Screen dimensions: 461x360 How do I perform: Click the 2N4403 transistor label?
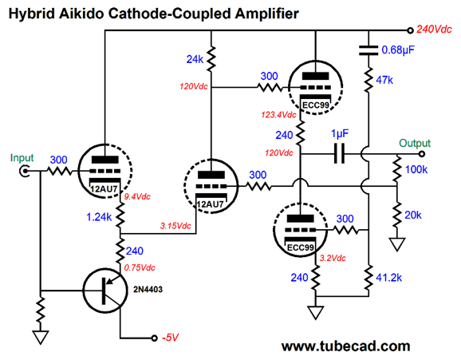coord(148,289)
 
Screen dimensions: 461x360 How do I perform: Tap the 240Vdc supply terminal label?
coord(434,30)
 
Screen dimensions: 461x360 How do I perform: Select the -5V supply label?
coord(171,338)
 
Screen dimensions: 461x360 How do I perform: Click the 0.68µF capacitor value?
coord(398,50)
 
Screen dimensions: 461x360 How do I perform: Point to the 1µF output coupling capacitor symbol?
coord(339,153)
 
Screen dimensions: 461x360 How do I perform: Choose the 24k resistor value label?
coord(195,59)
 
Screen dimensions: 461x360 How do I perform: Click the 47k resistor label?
coord(384,80)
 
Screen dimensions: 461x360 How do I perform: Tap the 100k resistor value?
coord(416,169)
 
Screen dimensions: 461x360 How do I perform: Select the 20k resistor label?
coord(413,216)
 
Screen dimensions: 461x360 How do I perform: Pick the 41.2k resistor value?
coord(388,277)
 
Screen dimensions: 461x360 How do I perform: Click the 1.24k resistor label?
coord(99,217)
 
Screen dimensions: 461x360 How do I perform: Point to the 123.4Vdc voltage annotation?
coord(278,114)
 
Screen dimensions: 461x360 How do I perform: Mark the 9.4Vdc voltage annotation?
coord(137,196)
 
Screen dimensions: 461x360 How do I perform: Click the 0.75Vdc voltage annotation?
coord(140,267)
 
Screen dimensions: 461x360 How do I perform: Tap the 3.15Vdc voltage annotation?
coord(175,226)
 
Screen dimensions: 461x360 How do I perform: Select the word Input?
coord(22,158)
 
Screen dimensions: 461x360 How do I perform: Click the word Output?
coord(415,143)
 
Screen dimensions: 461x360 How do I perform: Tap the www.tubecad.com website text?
coord(346,346)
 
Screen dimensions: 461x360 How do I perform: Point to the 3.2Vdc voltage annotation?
coord(333,258)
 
